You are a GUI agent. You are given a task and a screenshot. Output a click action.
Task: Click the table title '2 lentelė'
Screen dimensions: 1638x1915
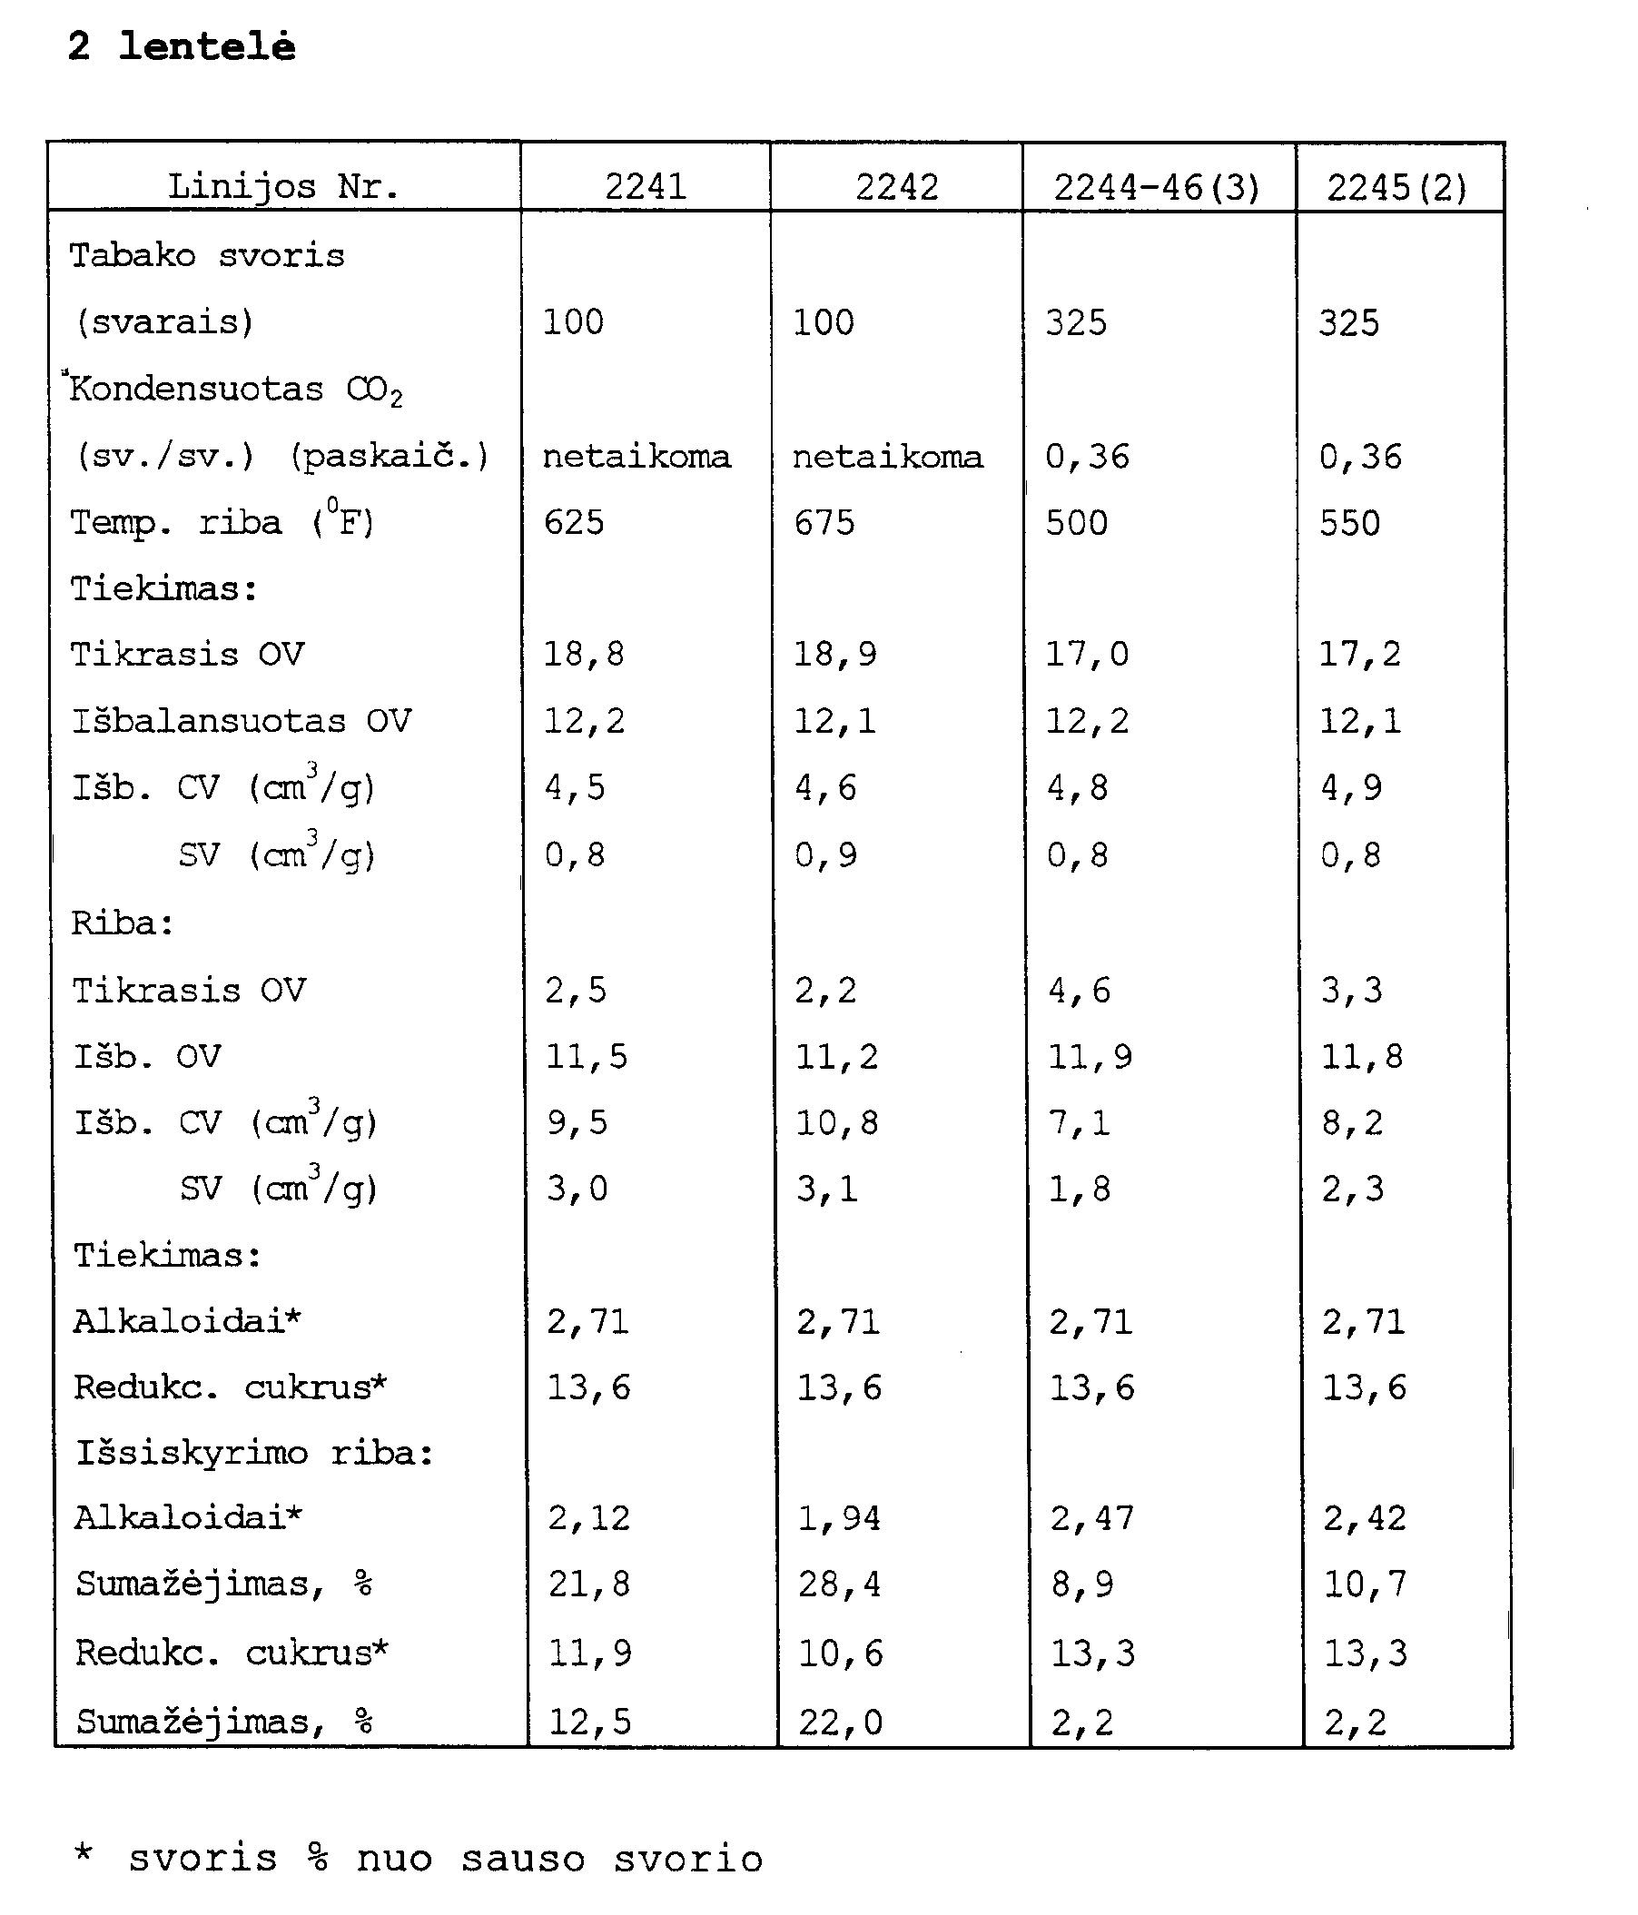[x=183, y=46]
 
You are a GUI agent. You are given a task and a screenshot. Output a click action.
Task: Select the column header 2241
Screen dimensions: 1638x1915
[x=646, y=188]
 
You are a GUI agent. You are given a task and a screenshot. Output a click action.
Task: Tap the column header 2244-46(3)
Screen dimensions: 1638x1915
[x=1158, y=189]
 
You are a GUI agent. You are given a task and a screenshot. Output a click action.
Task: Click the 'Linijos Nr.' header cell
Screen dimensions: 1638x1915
[x=284, y=188]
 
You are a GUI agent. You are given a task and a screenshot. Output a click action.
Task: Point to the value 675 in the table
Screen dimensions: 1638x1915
[x=824, y=523]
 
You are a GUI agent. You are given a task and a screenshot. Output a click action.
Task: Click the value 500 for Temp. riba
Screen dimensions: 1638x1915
[x=1077, y=523]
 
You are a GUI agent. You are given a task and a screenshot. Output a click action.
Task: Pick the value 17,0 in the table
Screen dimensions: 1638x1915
[x=1087, y=656]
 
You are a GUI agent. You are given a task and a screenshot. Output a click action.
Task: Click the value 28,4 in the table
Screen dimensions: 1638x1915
[x=839, y=1584]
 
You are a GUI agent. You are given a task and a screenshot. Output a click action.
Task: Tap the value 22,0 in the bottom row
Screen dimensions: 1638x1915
[x=840, y=1722]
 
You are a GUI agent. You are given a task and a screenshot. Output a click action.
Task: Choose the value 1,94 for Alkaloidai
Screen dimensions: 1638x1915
[x=839, y=1517]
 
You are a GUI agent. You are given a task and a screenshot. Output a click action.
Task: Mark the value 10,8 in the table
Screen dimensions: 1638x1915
[x=837, y=1123]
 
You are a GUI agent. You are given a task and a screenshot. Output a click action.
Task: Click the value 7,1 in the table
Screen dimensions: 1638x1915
[x=1080, y=1123]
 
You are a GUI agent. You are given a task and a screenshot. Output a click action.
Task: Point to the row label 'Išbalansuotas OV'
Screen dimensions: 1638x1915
[x=242, y=721]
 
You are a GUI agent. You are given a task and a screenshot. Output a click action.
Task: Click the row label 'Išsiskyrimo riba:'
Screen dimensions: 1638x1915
[x=254, y=1453]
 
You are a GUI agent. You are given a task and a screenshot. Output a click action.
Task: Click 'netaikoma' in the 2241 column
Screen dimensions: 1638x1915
[x=636, y=457]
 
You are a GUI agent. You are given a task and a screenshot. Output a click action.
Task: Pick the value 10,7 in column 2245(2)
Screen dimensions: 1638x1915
[x=1366, y=1584]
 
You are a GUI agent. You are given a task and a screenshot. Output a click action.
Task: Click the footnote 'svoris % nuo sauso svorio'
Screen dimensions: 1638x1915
[x=446, y=1859]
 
